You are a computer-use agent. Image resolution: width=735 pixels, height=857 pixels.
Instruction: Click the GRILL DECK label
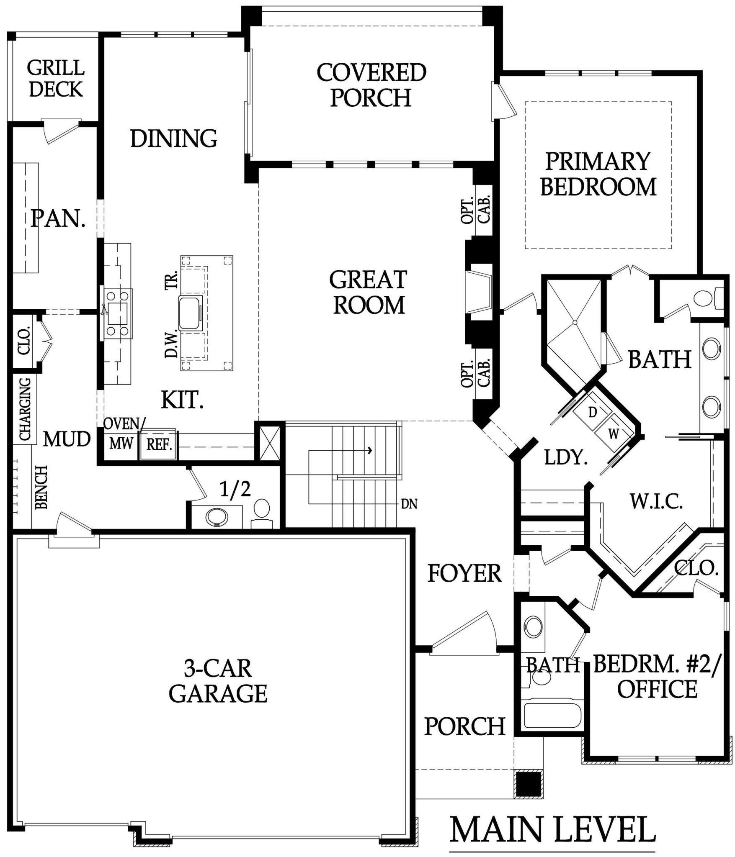pos(56,78)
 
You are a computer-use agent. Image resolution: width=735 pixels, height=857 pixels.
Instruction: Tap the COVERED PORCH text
pos(371,85)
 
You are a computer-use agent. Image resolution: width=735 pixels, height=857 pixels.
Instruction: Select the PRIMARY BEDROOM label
pos(598,174)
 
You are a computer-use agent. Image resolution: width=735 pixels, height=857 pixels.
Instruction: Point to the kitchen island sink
pos(191,312)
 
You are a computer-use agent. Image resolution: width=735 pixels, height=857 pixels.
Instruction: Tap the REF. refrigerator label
pos(159,444)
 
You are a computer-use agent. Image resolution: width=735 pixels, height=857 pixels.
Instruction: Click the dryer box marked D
pos(592,412)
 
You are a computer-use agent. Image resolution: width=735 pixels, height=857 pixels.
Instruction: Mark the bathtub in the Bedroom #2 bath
pos(553,715)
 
